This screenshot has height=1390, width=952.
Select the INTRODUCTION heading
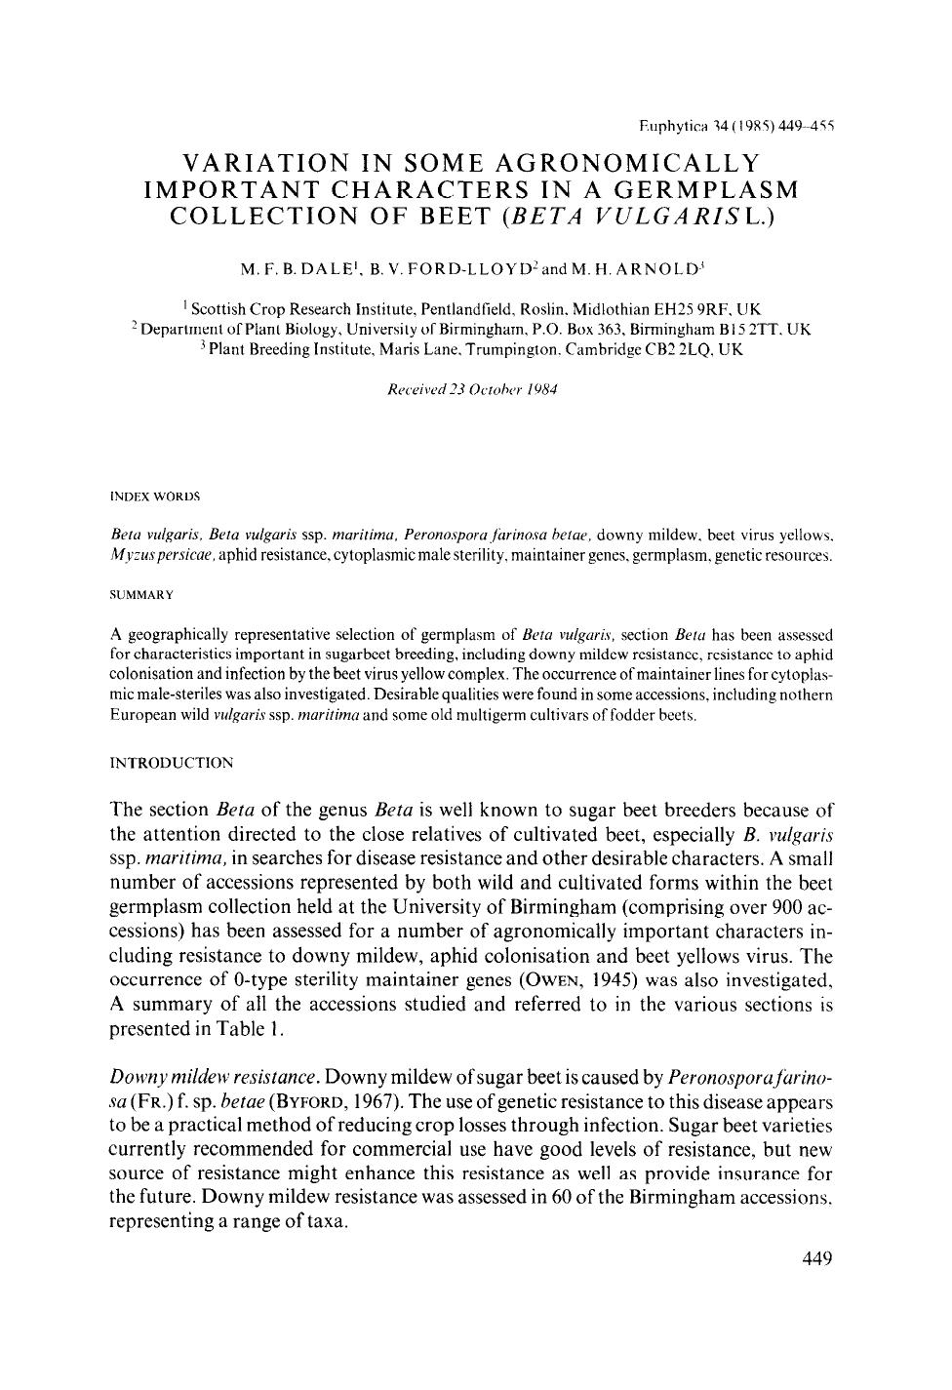tap(172, 762)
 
